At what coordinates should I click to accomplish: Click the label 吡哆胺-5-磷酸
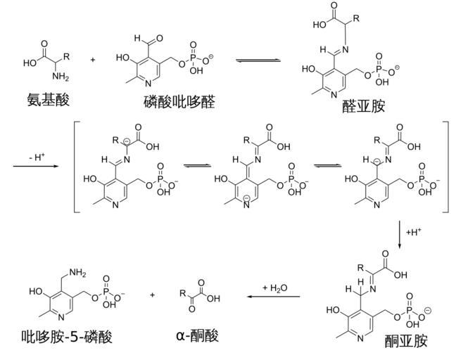coord(66,336)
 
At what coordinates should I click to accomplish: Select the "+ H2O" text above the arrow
coord(274,288)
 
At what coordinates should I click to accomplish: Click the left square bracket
coord(78,167)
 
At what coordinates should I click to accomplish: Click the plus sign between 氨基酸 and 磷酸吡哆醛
coord(93,60)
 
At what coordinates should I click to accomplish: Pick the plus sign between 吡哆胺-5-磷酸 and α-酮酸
coord(153,295)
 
